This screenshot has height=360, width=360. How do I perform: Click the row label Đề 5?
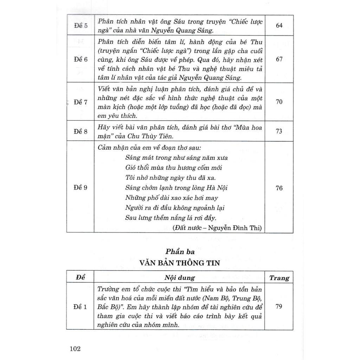click(x=81, y=26)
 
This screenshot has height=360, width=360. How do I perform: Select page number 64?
click(x=279, y=26)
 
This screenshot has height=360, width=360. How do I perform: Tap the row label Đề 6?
click(x=81, y=59)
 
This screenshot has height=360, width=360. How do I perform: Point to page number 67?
click(x=279, y=59)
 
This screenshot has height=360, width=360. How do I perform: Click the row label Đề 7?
click(x=81, y=102)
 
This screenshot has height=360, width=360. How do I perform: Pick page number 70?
click(x=279, y=102)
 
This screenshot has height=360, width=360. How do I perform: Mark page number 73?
click(x=279, y=131)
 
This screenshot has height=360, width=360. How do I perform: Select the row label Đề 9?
click(x=81, y=188)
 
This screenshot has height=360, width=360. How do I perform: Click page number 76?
click(x=279, y=188)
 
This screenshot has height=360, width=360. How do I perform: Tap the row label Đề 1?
click(x=81, y=307)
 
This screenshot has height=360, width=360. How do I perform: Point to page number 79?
click(x=279, y=307)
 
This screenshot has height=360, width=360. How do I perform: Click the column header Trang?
click(x=279, y=278)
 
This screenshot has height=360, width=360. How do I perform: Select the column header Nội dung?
click(x=179, y=278)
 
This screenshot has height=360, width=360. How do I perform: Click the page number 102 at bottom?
click(x=76, y=349)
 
